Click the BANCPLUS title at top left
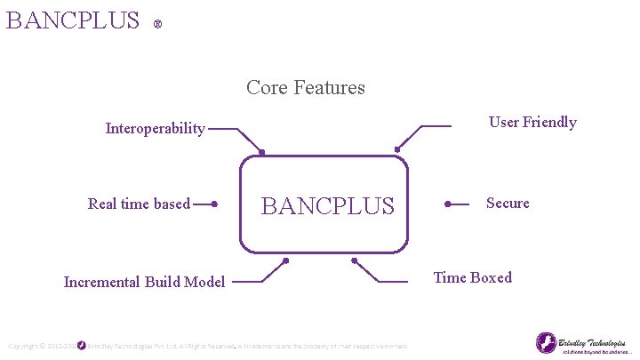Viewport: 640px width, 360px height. [73, 20]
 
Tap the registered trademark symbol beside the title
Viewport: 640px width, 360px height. [157, 24]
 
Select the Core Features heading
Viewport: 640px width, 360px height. [306, 87]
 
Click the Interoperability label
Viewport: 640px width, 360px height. [155, 129]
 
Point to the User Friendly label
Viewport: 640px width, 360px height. [532, 123]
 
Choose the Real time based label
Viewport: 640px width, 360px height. [139, 204]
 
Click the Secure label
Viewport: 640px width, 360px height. [508, 204]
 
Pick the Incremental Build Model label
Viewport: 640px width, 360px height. [144, 282]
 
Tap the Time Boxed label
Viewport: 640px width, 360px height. [472, 277]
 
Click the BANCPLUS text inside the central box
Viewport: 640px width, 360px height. [326, 206]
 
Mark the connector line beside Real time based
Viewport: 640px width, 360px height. [205, 204]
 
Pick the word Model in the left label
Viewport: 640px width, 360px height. [204, 282]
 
